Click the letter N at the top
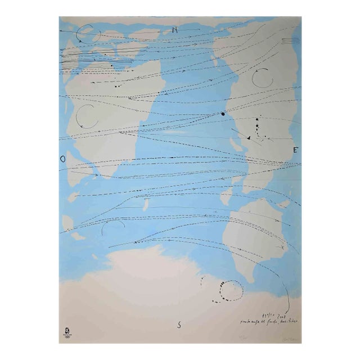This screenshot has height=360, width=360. [175, 29]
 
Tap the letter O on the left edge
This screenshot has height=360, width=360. [62, 159]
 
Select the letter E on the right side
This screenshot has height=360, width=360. [294, 150]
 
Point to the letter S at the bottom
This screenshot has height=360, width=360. [179, 324]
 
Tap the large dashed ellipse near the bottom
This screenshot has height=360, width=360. [231, 291]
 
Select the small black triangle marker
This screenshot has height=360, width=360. [248, 138]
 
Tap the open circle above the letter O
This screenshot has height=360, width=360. [88, 116]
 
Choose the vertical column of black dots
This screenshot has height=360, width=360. [258, 127]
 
